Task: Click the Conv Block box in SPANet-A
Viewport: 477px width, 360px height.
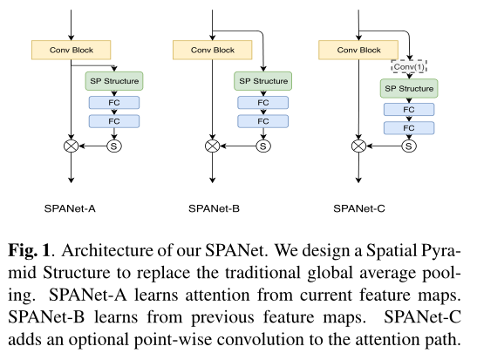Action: [66, 50]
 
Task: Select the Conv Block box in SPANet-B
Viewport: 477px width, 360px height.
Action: [209, 50]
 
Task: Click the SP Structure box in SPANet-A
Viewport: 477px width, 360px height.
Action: [113, 81]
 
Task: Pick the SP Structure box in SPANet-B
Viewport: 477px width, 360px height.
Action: [262, 80]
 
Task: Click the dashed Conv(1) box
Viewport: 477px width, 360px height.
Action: [408, 67]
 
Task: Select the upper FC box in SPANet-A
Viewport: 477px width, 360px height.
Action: [113, 102]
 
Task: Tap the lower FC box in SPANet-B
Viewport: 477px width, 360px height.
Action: [262, 123]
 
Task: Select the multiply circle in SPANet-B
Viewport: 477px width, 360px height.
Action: [209, 146]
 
